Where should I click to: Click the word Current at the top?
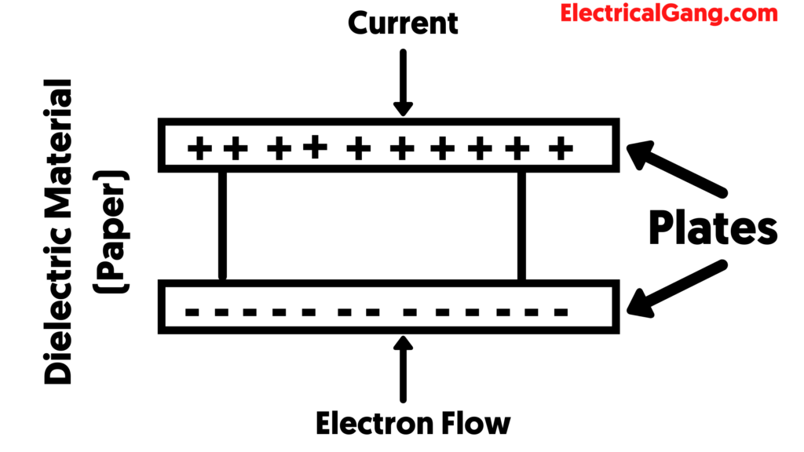tap(403, 23)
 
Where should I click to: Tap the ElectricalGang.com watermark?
tap(669, 13)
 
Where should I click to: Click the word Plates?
tap(713, 228)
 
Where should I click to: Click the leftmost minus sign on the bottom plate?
tap(191, 312)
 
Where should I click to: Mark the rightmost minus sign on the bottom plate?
tap(561, 312)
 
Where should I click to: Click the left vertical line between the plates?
tap(222, 226)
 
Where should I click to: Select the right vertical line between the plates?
tap(521, 226)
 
